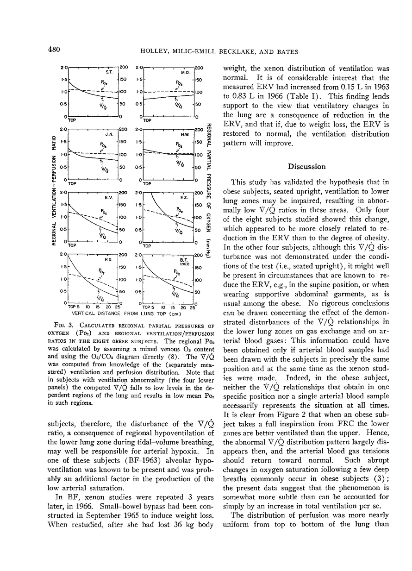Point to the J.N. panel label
point(109,135)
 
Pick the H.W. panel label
point(183,135)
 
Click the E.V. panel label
point(109,197)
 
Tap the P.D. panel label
point(108,260)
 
